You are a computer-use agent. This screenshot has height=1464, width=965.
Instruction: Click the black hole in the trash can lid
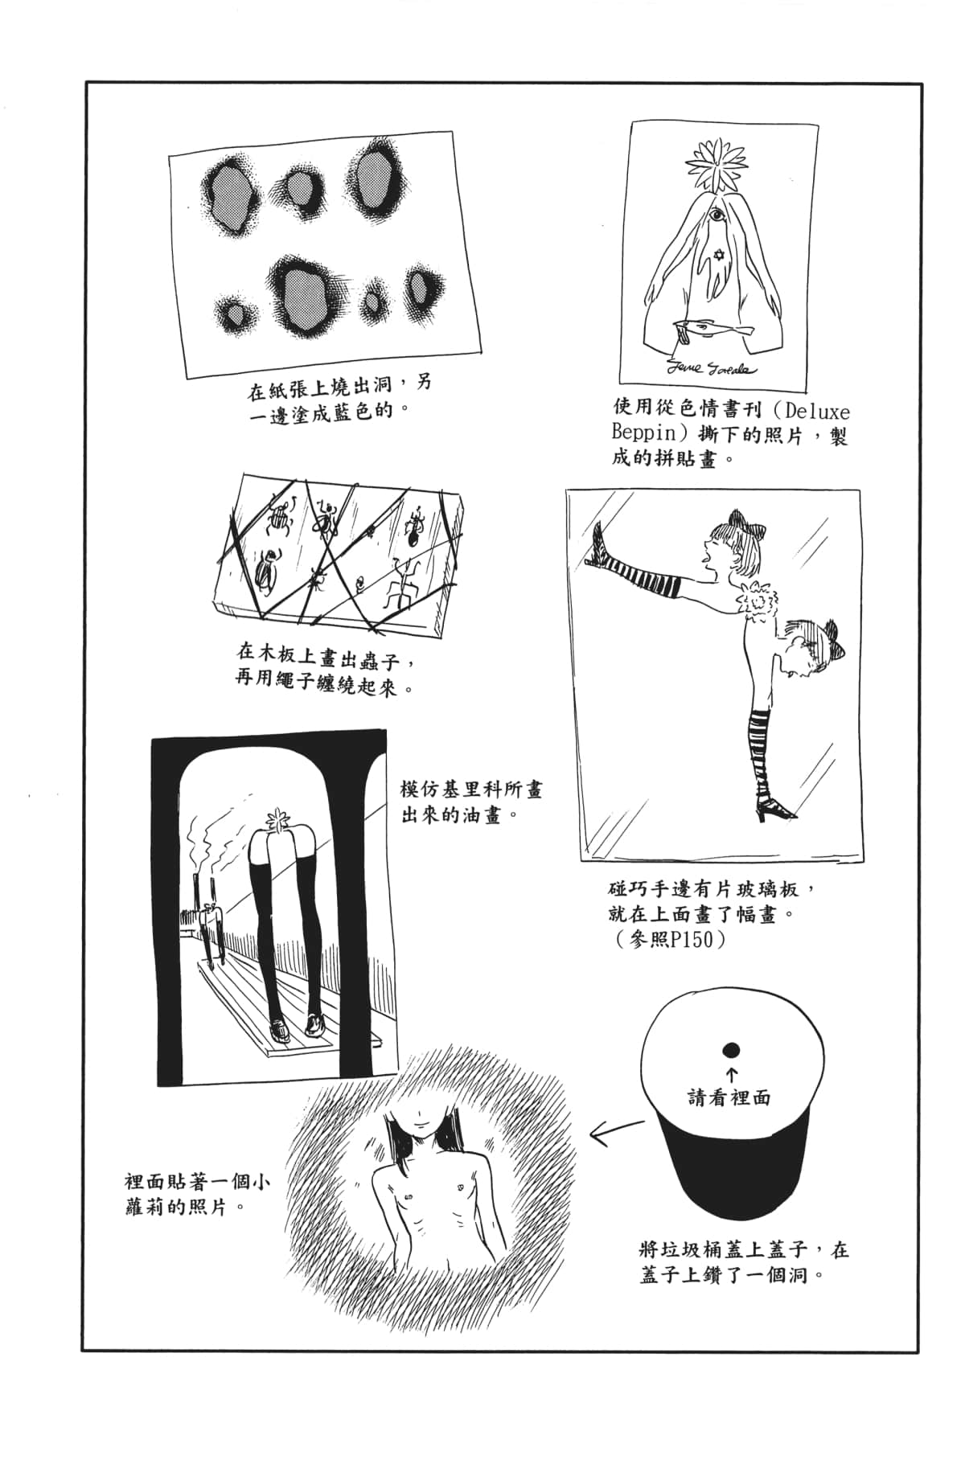(731, 1048)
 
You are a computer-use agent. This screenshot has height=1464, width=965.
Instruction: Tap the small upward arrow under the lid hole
(732, 1072)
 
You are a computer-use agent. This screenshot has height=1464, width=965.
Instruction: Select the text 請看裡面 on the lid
(729, 1097)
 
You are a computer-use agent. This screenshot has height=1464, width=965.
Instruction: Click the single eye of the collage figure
(717, 216)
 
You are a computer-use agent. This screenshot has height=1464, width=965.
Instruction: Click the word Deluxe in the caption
(815, 412)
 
